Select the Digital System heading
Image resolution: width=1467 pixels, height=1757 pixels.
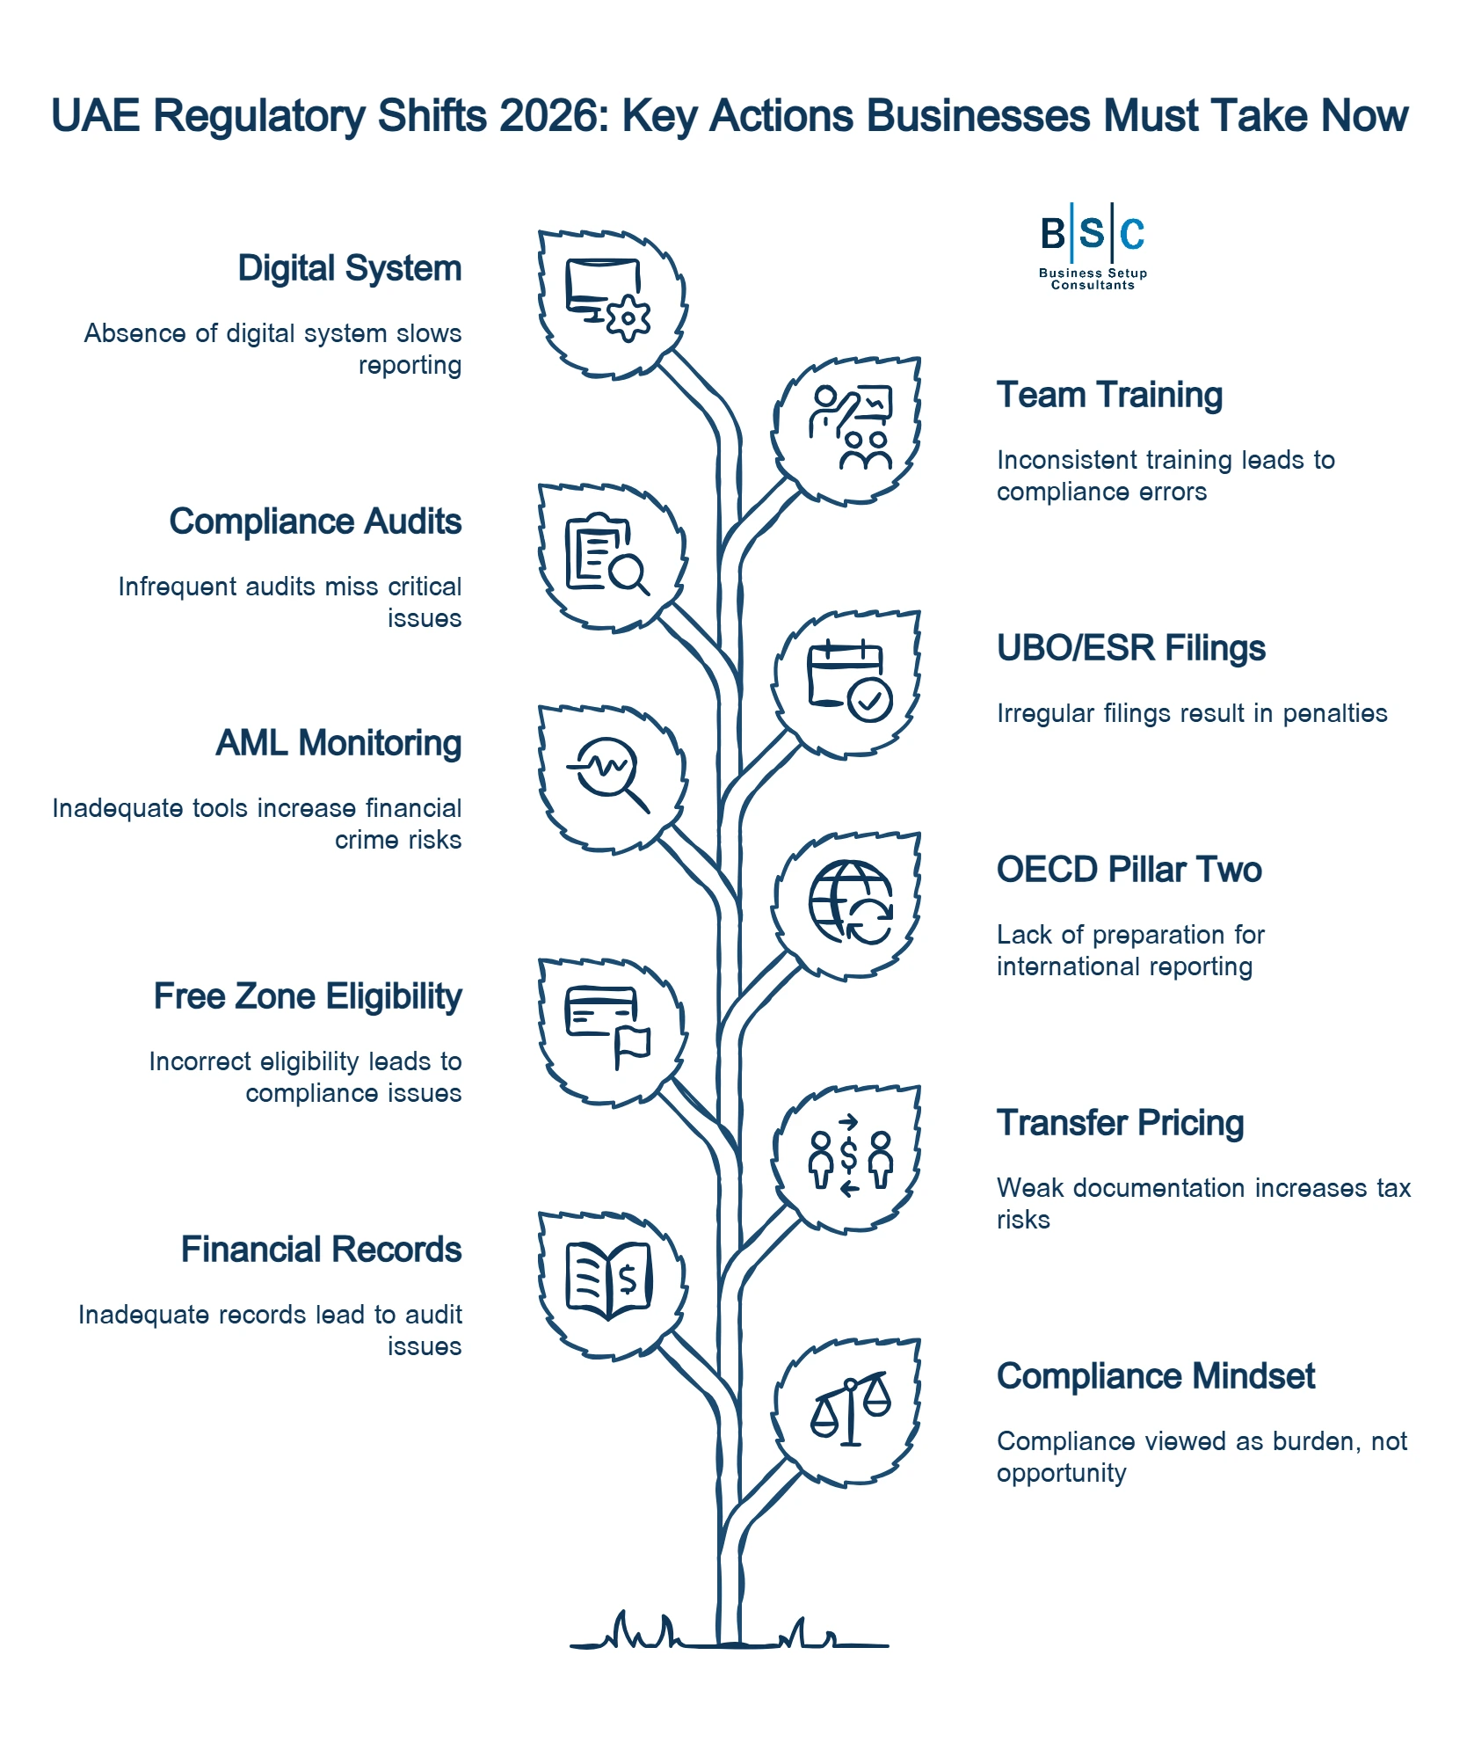(349, 268)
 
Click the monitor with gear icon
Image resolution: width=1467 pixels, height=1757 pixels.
(607, 300)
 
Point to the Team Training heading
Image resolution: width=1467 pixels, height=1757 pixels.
(1109, 395)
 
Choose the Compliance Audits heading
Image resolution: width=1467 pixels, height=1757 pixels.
(315, 521)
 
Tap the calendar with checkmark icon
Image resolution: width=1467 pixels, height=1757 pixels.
(849, 682)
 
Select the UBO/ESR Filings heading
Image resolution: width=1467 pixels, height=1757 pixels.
(1130, 648)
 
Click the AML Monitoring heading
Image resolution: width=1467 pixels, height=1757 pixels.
(338, 743)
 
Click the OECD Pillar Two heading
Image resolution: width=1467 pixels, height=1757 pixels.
(1129, 870)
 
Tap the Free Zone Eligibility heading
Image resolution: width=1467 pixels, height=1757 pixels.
(308, 996)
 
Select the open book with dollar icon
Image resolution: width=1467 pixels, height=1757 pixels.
(608, 1280)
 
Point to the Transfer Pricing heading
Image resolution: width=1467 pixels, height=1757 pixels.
(1120, 1123)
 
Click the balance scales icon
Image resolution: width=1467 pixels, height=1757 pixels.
(850, 1410)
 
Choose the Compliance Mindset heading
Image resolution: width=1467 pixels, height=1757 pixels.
(1155, 1376)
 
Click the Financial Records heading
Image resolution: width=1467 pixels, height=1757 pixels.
(321, 1250)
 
